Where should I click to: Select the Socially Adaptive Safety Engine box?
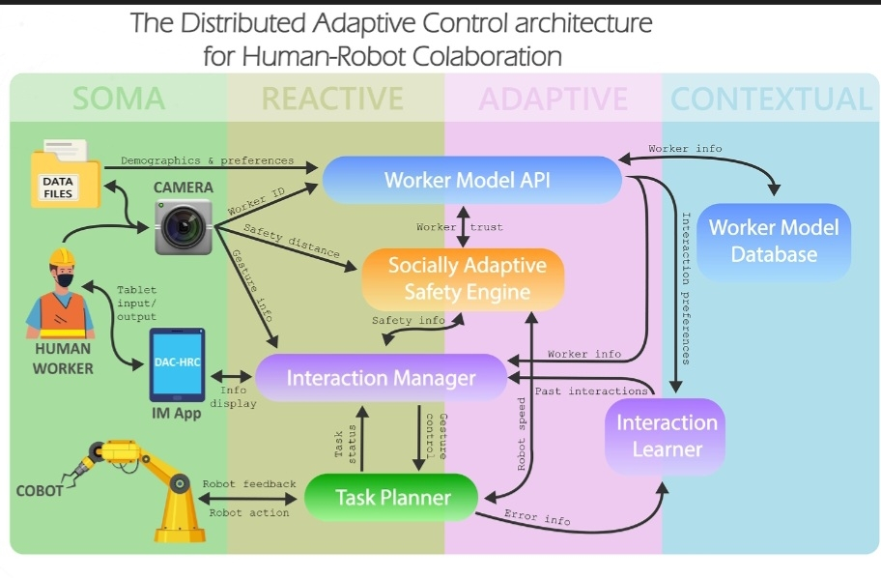(463, 278)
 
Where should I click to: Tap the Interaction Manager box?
(381, 377)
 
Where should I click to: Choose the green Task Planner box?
(392, 498)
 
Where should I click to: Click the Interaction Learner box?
(666, 436)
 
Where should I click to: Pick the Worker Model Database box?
(774, 242)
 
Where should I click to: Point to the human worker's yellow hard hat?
(62, 256)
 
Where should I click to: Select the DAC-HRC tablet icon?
(175, 365)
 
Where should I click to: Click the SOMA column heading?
(119, 99)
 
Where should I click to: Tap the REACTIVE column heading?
(332, 99)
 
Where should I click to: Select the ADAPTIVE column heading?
(553, 99)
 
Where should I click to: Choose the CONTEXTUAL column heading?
(771, 99)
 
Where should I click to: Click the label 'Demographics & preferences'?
(207, 160)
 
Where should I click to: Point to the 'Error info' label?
(537, 519)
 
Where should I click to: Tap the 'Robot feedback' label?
(249, 483)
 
